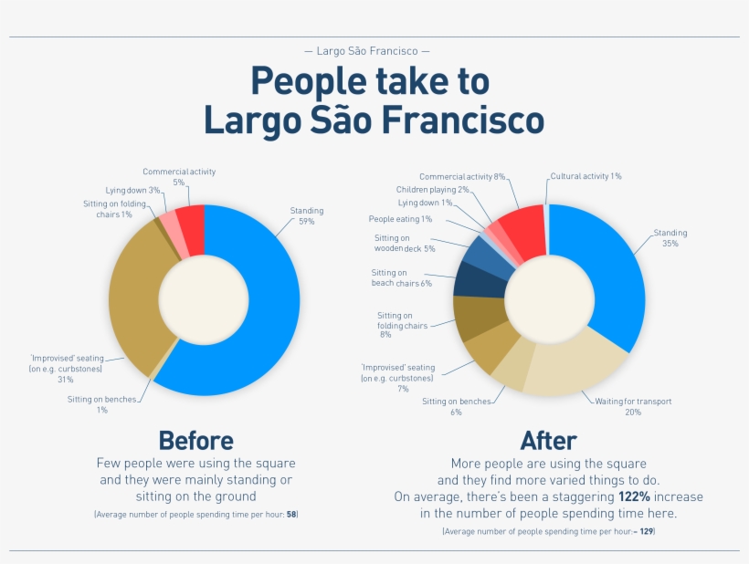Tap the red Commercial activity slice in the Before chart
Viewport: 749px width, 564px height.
pos(191,220)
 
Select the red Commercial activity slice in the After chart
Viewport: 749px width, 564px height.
pos(524,227)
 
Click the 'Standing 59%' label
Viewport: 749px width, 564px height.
pos(307,216)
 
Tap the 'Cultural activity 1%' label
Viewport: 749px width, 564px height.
pos(585,176)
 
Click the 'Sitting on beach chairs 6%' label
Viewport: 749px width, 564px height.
pos(401,277)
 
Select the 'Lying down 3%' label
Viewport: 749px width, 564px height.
pos(132,190)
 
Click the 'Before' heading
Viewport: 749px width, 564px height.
pos(195,441)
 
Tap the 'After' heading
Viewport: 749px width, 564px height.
pos(548,441)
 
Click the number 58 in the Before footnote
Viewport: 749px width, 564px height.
pos(291,516)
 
